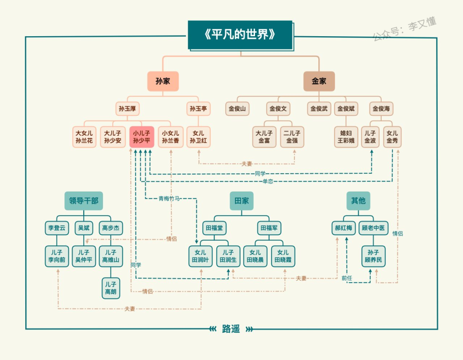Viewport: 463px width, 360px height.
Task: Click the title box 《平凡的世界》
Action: (240, 35)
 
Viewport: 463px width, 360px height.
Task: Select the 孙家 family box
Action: (163, 81)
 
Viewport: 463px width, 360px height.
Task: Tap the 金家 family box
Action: (319, 81)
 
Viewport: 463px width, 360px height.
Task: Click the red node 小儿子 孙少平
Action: (142, 137)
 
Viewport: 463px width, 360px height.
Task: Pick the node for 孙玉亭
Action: (198, 109)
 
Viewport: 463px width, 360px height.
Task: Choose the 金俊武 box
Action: (319, 109)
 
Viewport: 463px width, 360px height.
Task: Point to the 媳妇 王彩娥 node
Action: (346, 137)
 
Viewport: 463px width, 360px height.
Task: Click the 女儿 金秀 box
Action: (392, 137)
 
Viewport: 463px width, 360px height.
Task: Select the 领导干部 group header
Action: (84, 201)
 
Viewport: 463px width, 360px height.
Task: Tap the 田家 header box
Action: (241, 201)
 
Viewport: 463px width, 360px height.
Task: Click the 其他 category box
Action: (358, 201)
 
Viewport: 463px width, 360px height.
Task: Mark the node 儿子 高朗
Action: (111, 288)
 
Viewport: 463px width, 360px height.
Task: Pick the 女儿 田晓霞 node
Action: (283, 256)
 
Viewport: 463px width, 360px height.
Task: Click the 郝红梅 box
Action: (343, 228)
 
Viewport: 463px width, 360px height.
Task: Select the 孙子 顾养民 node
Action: (373, 256)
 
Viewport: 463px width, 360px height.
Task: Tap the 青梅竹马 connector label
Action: (169, 199)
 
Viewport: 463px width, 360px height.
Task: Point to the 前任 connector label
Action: (347, 278)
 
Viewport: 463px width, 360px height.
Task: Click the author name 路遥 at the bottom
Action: (231, 329)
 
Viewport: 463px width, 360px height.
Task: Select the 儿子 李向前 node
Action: (57, 256)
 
